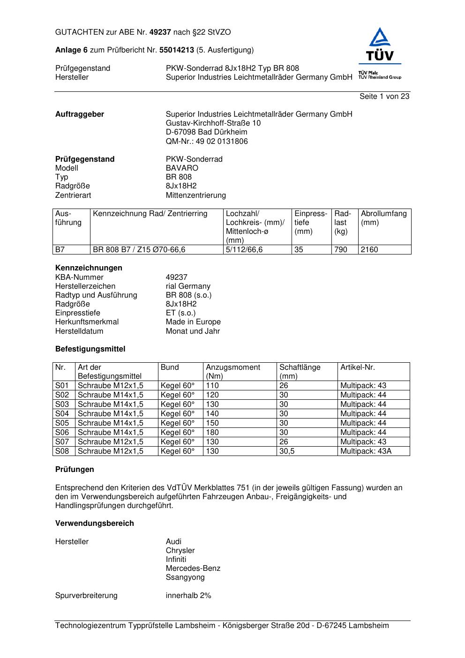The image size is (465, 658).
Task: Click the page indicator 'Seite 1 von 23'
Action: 384,96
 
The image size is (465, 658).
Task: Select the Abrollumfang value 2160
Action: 369,250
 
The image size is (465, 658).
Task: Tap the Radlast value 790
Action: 341,250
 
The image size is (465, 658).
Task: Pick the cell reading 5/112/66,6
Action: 244,250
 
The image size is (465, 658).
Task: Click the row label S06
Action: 62,432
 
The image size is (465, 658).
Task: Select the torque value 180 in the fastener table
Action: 212,432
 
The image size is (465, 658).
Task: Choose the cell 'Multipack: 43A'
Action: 366,451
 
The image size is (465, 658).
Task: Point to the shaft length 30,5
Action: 287,451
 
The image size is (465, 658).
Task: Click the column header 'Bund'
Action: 170,367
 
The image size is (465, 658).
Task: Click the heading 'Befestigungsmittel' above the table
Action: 90,349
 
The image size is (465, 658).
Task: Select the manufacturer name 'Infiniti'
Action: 176,559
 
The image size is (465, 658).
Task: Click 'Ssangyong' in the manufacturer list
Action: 185,577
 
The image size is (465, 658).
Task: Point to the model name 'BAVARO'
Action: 182,168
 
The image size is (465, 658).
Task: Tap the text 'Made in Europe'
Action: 193,322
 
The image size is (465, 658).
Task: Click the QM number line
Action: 207,141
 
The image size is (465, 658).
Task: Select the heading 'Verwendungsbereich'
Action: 95,523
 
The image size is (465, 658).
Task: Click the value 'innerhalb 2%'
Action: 188,595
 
